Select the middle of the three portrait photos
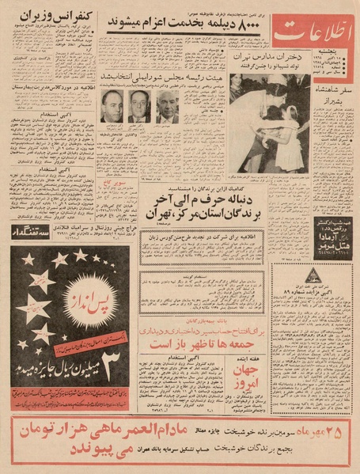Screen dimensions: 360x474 pos(139,106)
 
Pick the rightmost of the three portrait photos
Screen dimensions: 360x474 pos(167,106)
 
